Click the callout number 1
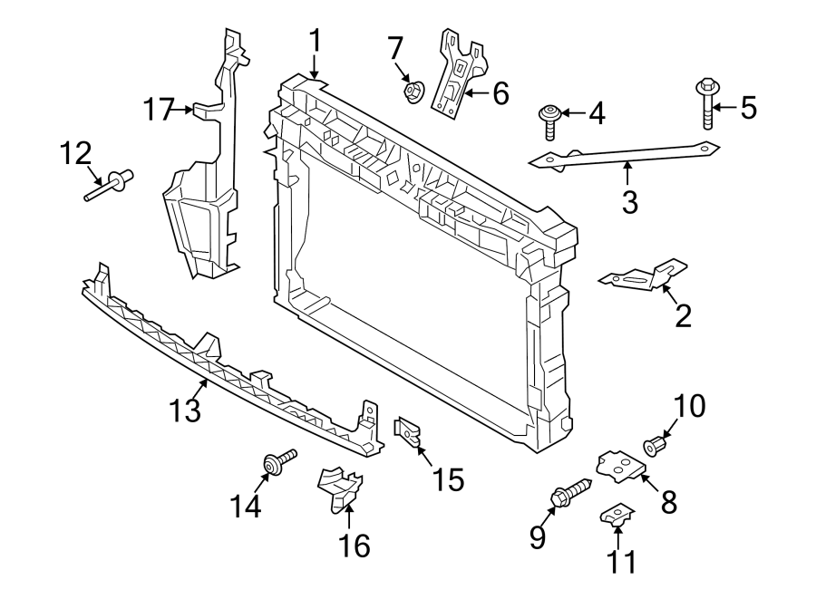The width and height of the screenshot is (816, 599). tap(315, 42)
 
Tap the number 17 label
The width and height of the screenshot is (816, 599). tap(160, 111)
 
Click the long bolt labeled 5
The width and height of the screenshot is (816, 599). tap(706, 104)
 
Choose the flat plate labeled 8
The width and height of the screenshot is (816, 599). tap(620, 466)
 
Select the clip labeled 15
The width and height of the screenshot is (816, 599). tap(407, 432)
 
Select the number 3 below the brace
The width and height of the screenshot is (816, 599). tap(629, 201)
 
